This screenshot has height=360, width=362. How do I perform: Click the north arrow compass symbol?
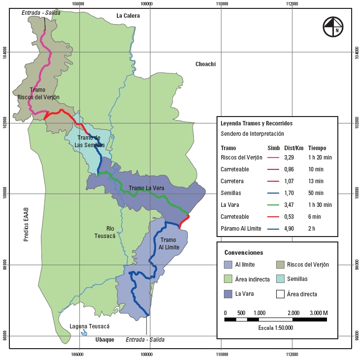click(x=333, y=26)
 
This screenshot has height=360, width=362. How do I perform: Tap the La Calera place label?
click(x=128, y=16)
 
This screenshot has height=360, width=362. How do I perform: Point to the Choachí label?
click(x=206, y=64)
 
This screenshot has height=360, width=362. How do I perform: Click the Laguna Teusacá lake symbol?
click(x=84, y=333)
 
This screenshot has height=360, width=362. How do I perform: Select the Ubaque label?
click(x=105, y=340)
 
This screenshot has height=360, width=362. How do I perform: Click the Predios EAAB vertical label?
click(x=26, y=225)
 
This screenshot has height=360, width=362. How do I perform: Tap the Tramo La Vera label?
click(x=146, y=188)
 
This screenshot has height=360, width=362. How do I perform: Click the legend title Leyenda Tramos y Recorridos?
click(x=256, y=123)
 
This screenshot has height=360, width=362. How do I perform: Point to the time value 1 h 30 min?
click(x=320, y=204)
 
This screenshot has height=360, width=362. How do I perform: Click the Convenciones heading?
click(x=244, y=252)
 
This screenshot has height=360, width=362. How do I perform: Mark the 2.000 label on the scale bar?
click(x=293, y=313)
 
